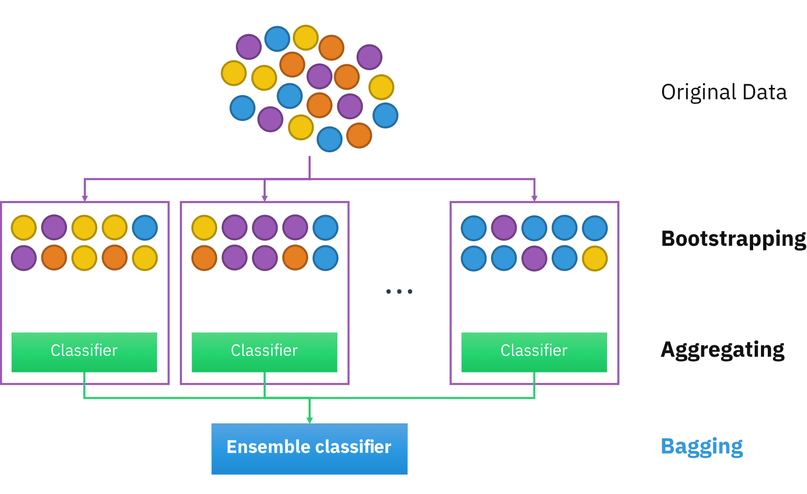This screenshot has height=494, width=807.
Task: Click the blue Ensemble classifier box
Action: [309, 449]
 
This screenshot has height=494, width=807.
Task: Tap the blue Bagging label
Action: [701, 446]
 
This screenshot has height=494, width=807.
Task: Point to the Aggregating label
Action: [722, 350]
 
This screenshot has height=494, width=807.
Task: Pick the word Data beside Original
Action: [764, 92]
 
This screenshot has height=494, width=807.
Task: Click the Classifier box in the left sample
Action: [84, 352]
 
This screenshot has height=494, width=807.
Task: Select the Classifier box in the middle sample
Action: [264, 352]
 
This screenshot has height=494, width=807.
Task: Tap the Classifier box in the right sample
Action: [534, 352]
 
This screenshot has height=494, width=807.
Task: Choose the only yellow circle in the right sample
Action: [595, 259]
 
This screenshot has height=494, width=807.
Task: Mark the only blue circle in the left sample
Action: [145, 228]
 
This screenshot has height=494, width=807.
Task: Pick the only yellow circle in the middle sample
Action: [204, 228]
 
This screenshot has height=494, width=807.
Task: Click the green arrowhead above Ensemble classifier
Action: [310, 420]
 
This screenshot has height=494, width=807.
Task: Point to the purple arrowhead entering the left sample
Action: [85, 198]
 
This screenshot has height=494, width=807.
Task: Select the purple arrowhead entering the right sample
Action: [534, 198]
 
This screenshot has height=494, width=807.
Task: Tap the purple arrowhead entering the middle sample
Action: [264, 198]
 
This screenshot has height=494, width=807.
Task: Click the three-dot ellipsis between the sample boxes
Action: [399, 291]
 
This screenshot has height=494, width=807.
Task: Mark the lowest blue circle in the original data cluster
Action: [329, 139]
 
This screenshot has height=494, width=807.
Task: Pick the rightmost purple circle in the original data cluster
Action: [369, 57]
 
